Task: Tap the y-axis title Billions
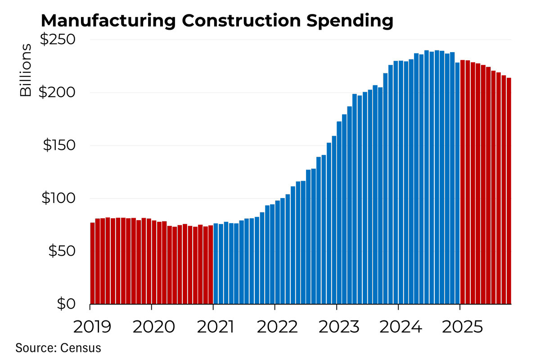pyautogui.click(x=26, y=70)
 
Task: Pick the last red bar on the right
pyautogui.click(x=509, y=191)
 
